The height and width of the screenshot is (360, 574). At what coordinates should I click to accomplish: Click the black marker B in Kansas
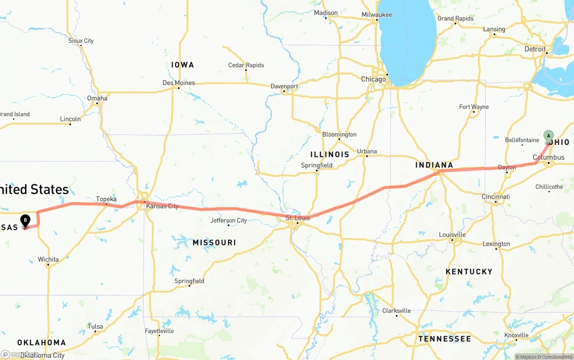(x=26, y=220)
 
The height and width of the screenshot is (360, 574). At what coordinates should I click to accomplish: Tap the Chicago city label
(x=374, y=79)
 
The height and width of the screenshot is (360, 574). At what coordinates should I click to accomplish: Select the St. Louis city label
(x=298, y=218)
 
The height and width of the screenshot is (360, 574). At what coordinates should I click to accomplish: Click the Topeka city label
(x=106, y=199)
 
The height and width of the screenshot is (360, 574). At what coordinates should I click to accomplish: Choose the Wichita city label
(x=48, y=259)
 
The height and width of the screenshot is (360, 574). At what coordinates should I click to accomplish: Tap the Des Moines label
(x=178, y=82)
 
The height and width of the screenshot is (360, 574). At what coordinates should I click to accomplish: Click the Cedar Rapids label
(x=246, y=65)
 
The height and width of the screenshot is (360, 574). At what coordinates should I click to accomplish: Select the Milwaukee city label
(x=377, y=15)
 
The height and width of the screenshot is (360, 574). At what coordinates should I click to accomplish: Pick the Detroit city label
(x=535, y=49)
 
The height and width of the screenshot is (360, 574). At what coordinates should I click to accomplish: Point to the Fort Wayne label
(x=474, y=107)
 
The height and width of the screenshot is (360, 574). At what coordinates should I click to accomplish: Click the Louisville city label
(x=452, y=234)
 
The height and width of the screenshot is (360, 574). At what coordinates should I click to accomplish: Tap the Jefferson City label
(x=229, y=220)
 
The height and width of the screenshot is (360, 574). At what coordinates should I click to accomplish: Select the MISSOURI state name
(x=214, y=243)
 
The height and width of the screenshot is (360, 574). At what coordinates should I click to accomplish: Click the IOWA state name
(x=183, y=65)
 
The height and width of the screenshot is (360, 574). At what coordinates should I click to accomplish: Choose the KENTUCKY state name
(x=469, y=272)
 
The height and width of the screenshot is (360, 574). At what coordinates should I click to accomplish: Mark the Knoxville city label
(x=516, y=335)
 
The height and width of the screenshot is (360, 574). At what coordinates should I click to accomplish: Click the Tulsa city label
(x=95, y=326)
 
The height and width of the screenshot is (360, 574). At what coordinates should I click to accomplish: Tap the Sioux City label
(x=81, y=41)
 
